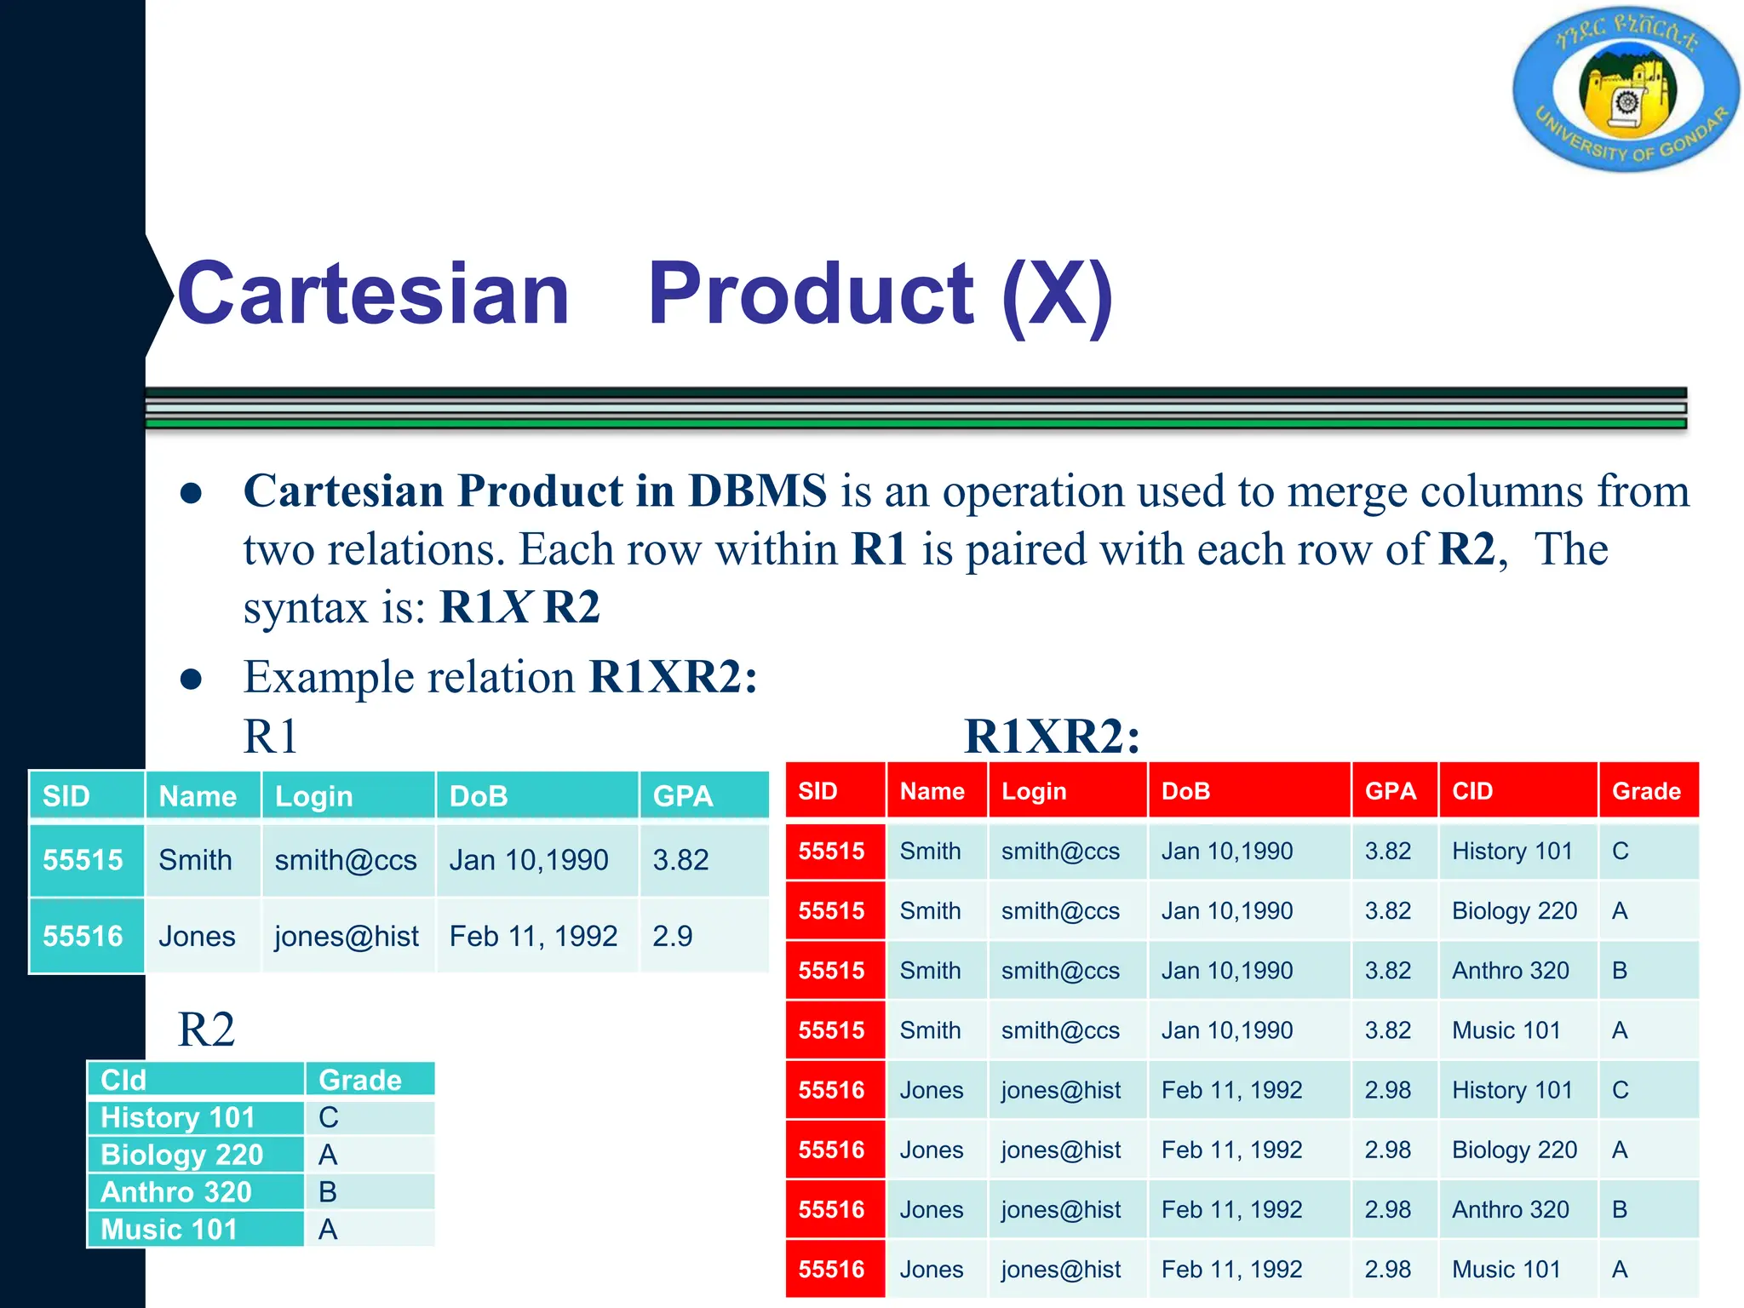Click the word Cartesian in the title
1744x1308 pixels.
click(x=373, y=294)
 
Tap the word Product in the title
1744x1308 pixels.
click(x=810, y=294)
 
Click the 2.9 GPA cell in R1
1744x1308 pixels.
click(x=673, y=936)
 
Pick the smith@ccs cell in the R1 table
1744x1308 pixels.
click(x=346, y=860)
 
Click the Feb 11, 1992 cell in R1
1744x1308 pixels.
click(x=533, y=936)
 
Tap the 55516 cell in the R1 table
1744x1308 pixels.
click(x=83, y=936)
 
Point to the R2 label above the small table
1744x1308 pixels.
click(x=206, y=1030)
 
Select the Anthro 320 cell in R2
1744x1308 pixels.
click(x=176, y=1192)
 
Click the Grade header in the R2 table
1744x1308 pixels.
click(x=360, y=1080)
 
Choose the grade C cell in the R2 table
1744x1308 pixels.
click(x=329, y=1117)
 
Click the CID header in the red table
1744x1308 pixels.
click(x=1472, y=791)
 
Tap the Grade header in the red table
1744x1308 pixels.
click(x=1646, y=791)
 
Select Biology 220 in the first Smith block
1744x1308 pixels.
click(x=1514, y=910)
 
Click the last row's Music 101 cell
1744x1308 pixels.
click(x=1506, y=1269)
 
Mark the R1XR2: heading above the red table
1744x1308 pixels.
click(x=1052, y=736)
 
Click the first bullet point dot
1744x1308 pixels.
click(x=192, y=493)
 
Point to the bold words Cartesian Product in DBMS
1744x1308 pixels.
click(x=535, y=491)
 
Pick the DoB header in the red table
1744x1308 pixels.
click(x=1185, y=791)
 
